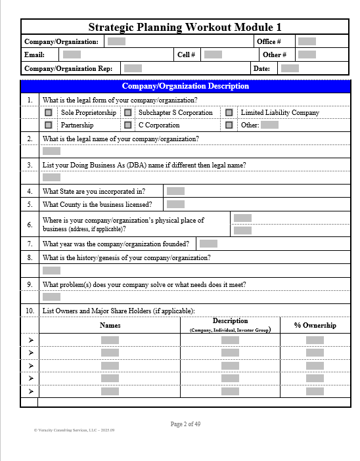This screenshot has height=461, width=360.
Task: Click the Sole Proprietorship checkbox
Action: pos(49,113)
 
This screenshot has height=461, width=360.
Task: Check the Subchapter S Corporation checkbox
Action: pos(127,113)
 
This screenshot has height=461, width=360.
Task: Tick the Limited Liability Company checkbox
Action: pos(229,113)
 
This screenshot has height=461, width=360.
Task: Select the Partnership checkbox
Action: pos(49,125)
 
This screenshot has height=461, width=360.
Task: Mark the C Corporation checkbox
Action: pos(127,125)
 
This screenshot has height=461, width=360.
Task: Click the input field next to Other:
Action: pos(269,125)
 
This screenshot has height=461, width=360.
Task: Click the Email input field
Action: pos(72,55)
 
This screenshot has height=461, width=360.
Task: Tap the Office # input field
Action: pos(307,41)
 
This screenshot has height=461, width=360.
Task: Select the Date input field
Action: pos(290,68)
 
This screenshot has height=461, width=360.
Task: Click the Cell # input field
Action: pos(213,55)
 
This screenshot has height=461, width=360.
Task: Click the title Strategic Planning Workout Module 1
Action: pos(185,27)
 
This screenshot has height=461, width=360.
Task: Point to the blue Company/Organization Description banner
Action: pos(185,86)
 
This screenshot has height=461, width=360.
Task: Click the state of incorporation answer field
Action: pos(175,191)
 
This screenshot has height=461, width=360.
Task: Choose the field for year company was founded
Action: pos(208,244)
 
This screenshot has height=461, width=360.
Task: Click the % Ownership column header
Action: pos(315,325)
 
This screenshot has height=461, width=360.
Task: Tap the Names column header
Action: pos(110,325)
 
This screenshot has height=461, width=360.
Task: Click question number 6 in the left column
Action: pos(30,225)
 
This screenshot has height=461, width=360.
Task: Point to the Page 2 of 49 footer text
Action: pos(185,424)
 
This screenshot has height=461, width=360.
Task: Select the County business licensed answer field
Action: pos(175,204)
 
